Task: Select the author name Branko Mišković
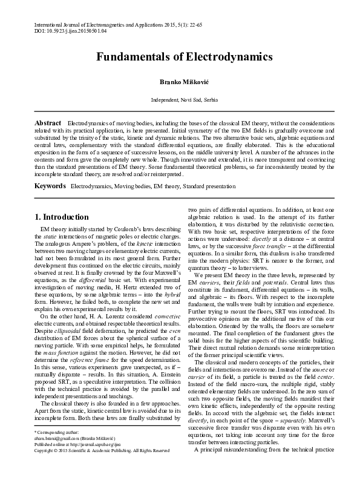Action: [x=180, y=80]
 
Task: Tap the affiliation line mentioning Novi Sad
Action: [x=180, y=99]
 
